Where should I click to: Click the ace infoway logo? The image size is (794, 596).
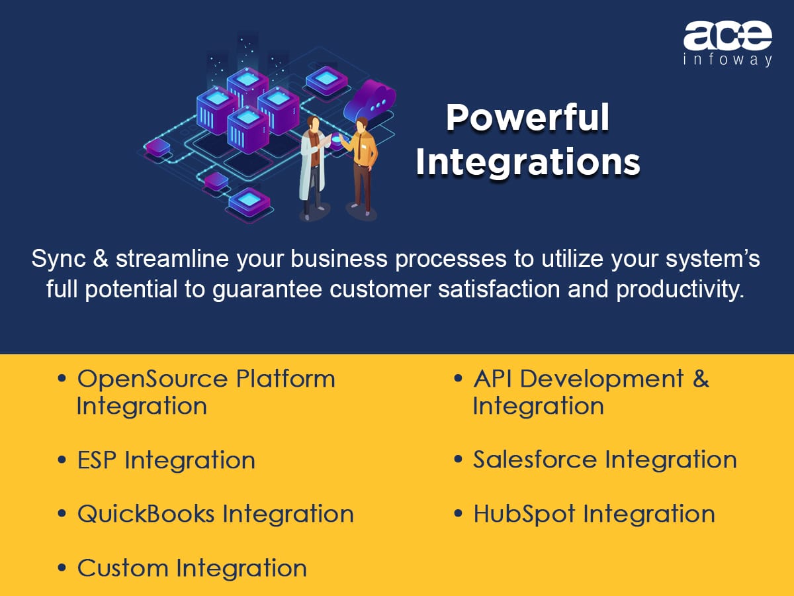(727, 44)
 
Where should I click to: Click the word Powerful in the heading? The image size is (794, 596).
(528, 118)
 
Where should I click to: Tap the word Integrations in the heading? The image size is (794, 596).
(528, 162)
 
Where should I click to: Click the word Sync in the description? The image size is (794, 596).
(59, 260)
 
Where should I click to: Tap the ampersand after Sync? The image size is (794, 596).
(101, 259)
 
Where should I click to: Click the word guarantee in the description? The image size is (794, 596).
(267, 291)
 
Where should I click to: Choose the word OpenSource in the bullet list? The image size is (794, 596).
(152, 379)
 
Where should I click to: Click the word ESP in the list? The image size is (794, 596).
(97, 460)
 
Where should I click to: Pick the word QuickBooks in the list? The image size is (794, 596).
(146, 514)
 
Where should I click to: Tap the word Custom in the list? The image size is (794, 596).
(123, 568)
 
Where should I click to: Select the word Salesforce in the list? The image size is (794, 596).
(535, 460)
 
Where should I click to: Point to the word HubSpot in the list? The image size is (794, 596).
(525, 515)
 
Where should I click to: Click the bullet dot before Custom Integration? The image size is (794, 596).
(62, 567)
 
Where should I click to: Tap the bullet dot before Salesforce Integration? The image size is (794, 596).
(458, 459)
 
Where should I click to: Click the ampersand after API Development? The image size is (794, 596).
(701, 379)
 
